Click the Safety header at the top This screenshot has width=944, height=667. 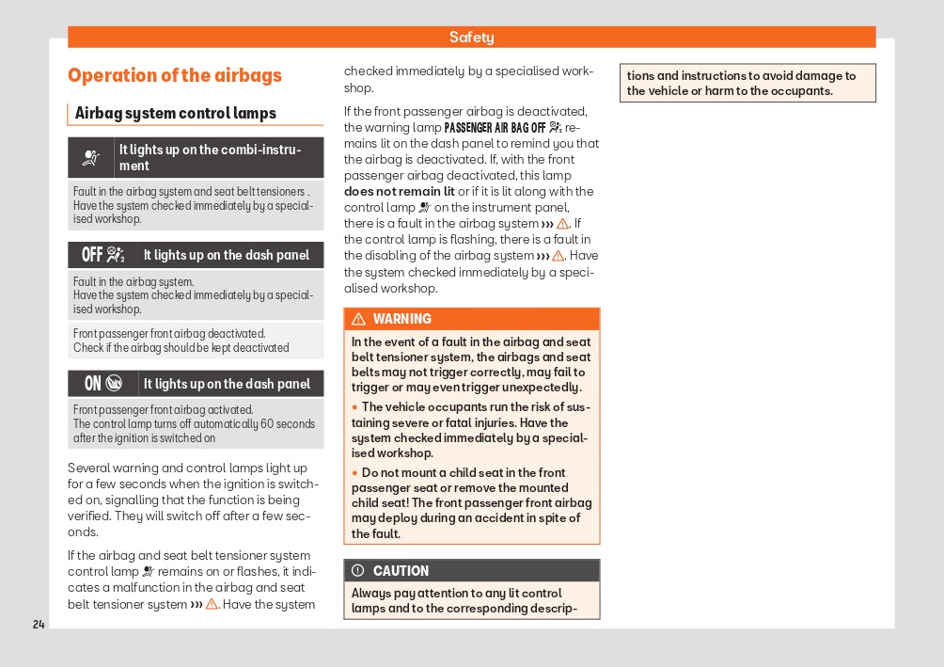(x=471, y=38)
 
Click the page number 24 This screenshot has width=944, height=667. (x=39, y=625)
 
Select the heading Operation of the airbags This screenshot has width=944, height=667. (x=175, y=76)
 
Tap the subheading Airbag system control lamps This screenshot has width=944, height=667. (x=176, y=114)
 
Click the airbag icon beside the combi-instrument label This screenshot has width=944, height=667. (x=91, y=158)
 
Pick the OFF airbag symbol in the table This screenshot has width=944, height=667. (x=103, y=255)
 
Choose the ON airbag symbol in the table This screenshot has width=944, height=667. (x=103, y=383)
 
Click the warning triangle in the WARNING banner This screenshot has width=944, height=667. (x=358, y=319)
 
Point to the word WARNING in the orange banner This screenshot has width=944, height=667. (x=402, y=319)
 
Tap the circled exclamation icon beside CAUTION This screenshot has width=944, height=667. (x=358, y=571)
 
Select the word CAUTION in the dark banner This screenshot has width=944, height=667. (x=401, y=571)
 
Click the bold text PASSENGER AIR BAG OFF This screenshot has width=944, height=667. (x=495, y=128)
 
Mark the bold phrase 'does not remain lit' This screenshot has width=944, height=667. (x=400, y=192)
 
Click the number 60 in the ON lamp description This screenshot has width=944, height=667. (x=267, y=424)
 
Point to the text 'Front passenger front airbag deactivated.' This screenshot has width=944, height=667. (x=169, y=334)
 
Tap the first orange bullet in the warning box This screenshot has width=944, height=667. (x=355, y=407)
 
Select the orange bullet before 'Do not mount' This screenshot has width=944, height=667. (x=355, y=473)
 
